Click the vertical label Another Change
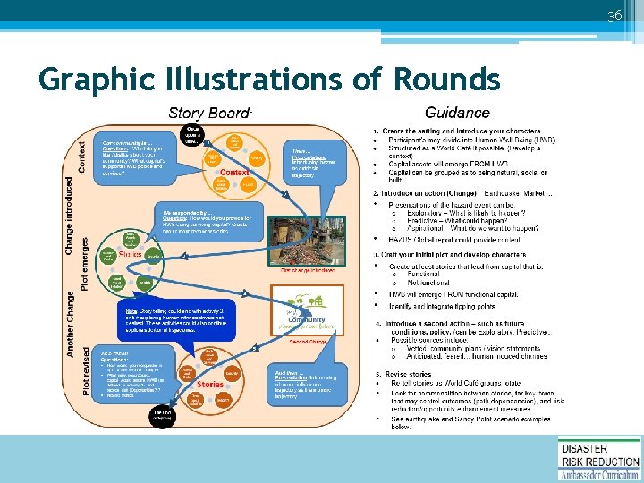(70, 324)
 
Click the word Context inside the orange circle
(233, 172)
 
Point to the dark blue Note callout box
(176, 319)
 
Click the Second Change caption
(309, 341)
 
